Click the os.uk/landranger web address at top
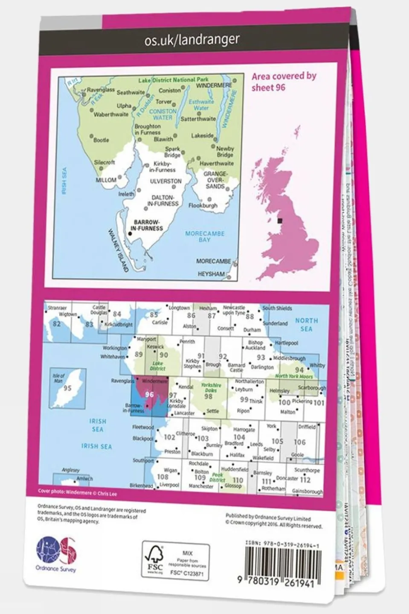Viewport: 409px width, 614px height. (x=191, y=40)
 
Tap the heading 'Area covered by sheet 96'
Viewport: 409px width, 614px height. (x=284, y=81)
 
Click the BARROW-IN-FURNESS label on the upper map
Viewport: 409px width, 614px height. (x=148, y=225)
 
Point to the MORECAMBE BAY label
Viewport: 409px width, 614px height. (x=205, y=236)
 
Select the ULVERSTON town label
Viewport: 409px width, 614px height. (x=166, y=181)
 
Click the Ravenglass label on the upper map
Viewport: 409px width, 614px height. (x=101, y=90)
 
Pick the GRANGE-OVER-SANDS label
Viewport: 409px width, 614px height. (x=215, y=180)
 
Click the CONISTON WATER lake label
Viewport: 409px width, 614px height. (x=162, y=114)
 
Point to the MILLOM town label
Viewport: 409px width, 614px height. (x=106, y=180)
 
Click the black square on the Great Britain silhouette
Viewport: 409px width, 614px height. (x=280, y=221)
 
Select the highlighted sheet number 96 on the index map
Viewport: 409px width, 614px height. (x=149, y=395)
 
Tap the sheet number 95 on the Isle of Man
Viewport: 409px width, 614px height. (x=67, y=388)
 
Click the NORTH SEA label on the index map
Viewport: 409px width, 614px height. (x=306, y=324)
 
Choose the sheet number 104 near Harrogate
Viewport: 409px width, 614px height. (x=239, y=437)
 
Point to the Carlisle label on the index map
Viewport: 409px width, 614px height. (x=160, y=323)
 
